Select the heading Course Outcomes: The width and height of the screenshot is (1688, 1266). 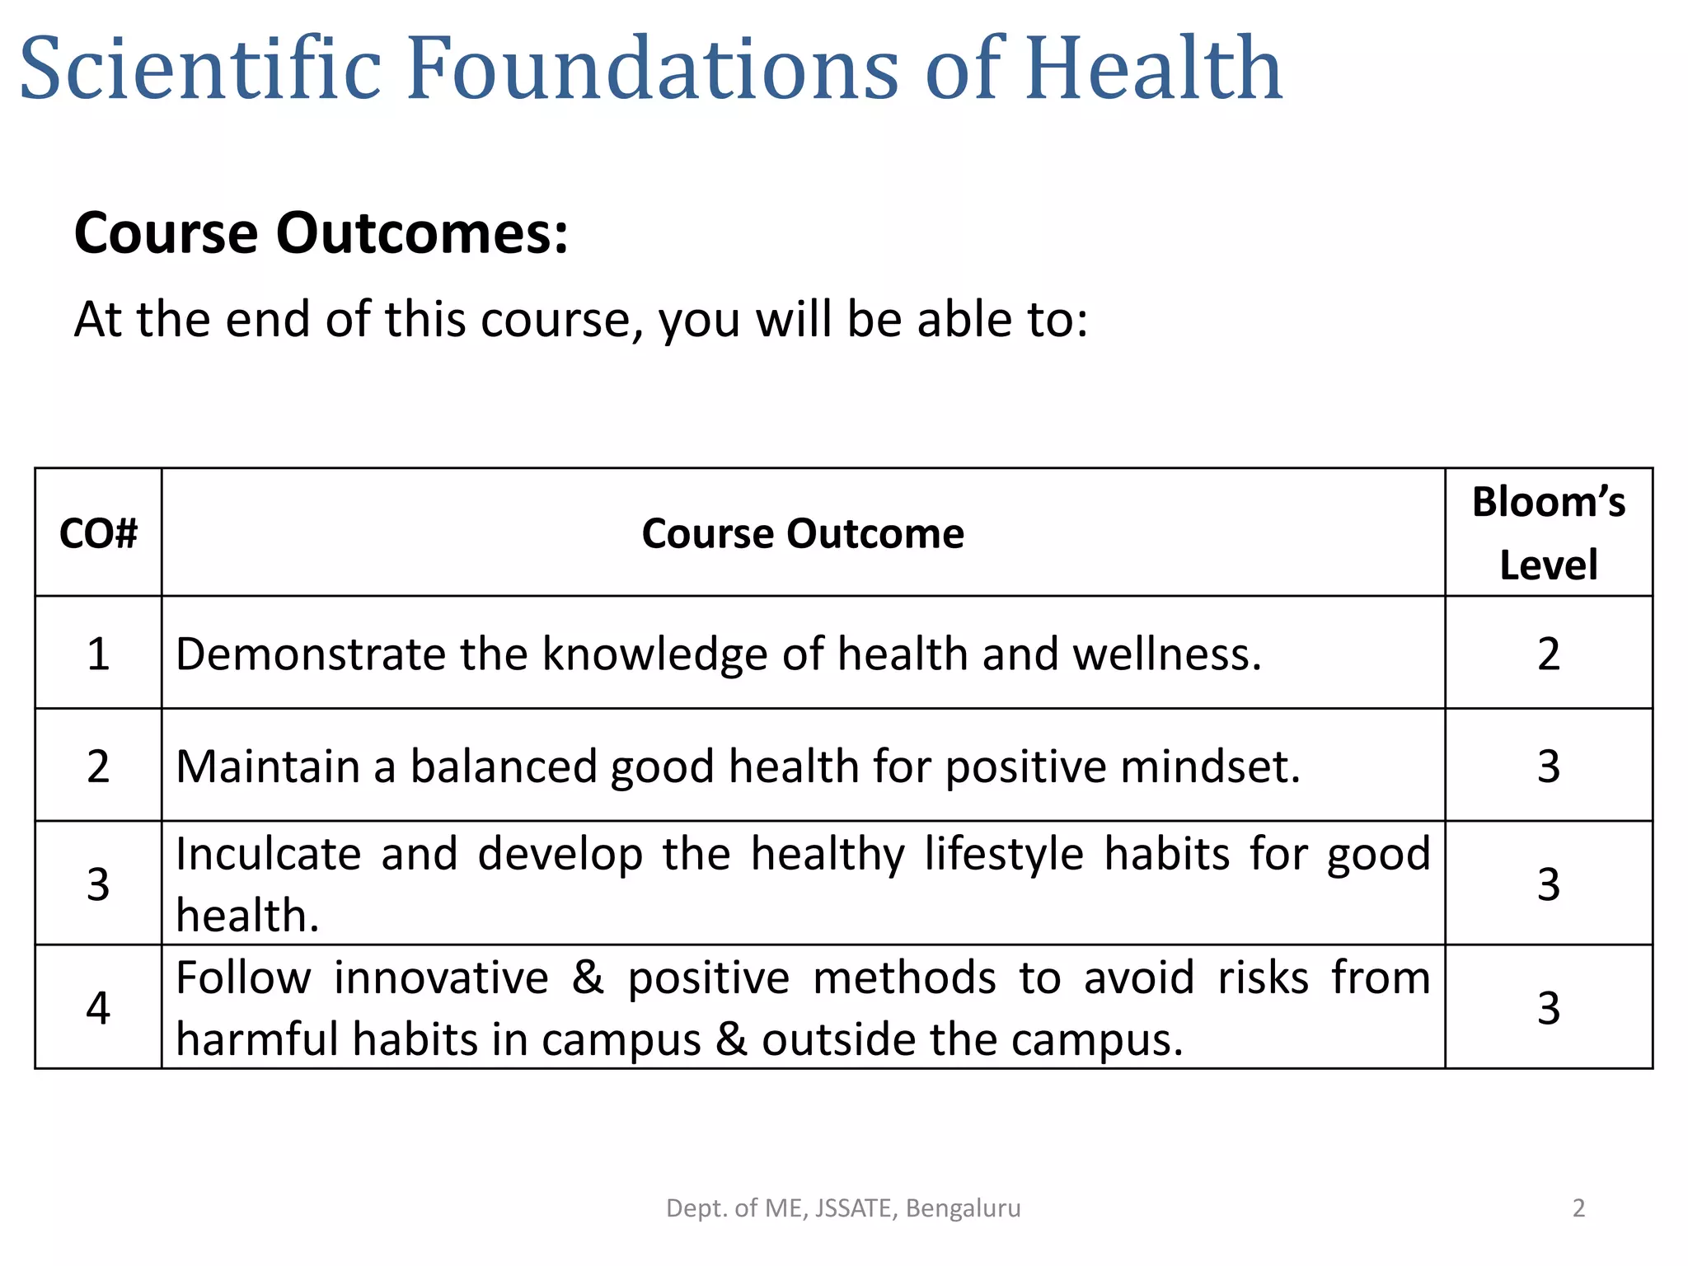pyautogui.click(x=321, y=233)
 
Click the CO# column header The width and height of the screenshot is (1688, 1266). pyautogui.click(x=98, y=534)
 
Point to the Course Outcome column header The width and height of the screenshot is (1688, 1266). pyautogui.click(x=803, y=534)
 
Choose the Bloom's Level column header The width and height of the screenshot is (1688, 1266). pyautogui.click(x=1548, y=534)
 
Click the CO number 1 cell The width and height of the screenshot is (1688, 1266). pyautogui.click(x=98, y=654)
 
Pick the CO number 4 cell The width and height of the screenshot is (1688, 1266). pyautogui.click(x=98, y=1008)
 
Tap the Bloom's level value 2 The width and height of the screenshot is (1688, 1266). pyautogui.click(x=1548, y=654)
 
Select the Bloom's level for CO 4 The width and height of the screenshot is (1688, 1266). pyautogui.click(x=1548, y=1008)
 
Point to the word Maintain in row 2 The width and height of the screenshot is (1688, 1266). pyautogui.click(x=268, y=767)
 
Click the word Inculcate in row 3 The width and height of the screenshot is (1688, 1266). pyautogui.click(x=268, y=854)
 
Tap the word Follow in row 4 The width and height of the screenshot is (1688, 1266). pyautogui.click(x=243, y=978)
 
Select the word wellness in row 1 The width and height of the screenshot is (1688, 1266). pyautogui.click(x=1166, y=654)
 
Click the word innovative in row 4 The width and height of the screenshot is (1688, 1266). pyautogui.click(x=441, y=978)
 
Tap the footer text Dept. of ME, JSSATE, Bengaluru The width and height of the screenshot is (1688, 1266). pyautogui.click(x=843, y=1208)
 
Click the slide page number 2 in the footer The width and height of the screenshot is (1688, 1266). pyautogui.click(x=1578, y=1208)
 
